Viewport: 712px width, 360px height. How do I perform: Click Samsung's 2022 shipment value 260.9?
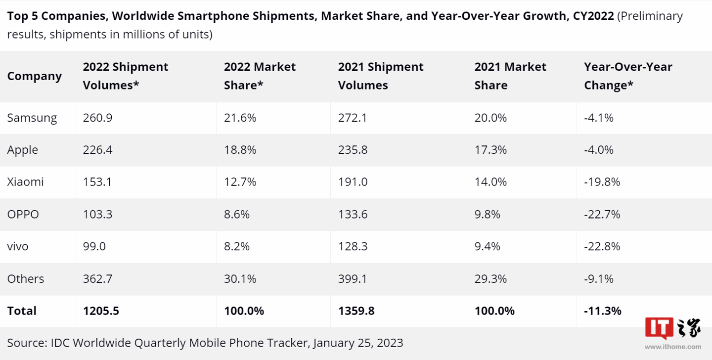(x=97, y=118)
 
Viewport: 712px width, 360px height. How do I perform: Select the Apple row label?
(x=23, y=150)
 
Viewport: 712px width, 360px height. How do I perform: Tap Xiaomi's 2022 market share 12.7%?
(x=240, y=182)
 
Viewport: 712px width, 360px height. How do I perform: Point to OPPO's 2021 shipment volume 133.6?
(x=353, y=214)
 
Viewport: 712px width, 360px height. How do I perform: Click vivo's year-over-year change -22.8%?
(x=602, y=246)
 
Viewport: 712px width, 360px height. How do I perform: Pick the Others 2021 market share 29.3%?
(x=490, y=278)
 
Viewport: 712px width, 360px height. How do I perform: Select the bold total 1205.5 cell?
(x=101, y=311)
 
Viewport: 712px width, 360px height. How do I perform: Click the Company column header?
(x=35, y=76)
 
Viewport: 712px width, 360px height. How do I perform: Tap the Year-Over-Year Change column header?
(x=628, y=76)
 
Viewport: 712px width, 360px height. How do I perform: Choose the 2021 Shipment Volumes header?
(x=381, y=76)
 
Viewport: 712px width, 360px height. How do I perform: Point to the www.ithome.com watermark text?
(x=673, y=347)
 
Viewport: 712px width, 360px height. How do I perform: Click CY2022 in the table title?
(x=593, y=16)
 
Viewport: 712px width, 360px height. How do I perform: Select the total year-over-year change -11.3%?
(x=603, y=311)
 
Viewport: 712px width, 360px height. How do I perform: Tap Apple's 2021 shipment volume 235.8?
(x=353, y=150)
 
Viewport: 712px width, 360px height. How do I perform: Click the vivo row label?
(x=18, y=246)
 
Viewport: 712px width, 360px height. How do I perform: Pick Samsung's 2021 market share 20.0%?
(x=490, y=118)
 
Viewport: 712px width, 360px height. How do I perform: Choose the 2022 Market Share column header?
(x=260, y=76)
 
